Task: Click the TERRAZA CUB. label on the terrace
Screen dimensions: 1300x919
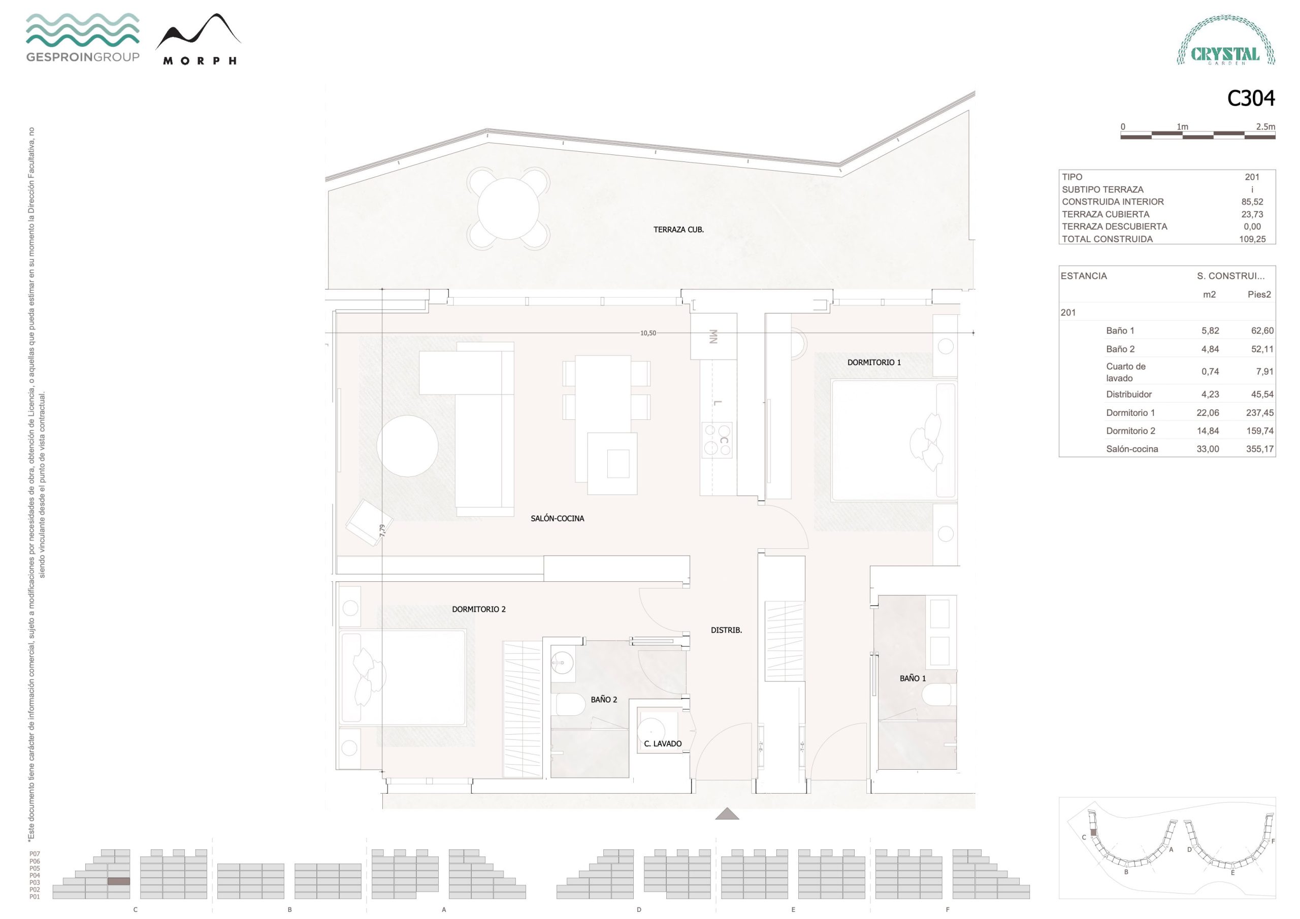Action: coord(678,229)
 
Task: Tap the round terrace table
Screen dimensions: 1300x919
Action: coord(508,208)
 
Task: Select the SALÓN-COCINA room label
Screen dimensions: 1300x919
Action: coord(557,518)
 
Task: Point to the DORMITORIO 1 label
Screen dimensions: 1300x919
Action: coord(873,363)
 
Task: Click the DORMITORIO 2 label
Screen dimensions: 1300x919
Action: coord(478,609)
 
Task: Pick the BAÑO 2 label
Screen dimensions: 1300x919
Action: coord(604,699)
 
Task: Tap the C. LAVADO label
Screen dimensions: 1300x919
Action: coord(663,743)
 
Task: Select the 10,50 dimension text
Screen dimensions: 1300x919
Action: coord(648,333)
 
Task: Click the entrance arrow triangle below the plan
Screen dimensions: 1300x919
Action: coord(727,814)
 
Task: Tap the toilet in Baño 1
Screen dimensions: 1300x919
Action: coord(938,694)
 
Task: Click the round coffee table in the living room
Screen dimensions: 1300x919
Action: coord(407,446)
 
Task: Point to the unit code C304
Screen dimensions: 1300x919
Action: coord(1250,99)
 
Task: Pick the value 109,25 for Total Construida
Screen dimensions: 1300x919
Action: coord(1252,239)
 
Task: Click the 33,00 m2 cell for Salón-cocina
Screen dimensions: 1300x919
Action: coord(1208,449)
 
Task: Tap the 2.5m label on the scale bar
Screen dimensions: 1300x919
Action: coord(1265,127)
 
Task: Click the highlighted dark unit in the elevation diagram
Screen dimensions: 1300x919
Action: coord(118,881)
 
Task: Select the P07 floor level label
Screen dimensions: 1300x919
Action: coord(35,854)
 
